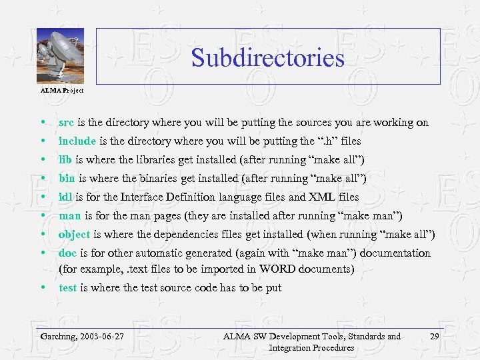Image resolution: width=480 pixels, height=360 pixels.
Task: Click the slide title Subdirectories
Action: coord(267,58)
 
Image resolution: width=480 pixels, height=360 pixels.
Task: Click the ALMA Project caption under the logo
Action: coord(62,90)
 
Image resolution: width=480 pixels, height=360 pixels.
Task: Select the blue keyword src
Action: coord(67,123)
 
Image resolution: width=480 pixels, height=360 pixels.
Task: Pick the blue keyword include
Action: coord(77,141)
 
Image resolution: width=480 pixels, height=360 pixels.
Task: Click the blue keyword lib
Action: coord(65,160)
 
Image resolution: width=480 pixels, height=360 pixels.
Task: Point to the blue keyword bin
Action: coord(67,179)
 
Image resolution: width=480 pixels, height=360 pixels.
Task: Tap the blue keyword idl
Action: coord(65,197)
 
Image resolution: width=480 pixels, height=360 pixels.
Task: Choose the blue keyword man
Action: coord(69,216)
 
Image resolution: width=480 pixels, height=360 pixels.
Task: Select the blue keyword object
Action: coord(74,235)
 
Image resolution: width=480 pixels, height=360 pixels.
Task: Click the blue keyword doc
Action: coord(67,253)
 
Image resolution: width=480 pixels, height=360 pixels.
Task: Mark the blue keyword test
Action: coord(67,288)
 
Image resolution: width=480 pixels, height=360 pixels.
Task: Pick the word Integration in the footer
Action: coord(290,348)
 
